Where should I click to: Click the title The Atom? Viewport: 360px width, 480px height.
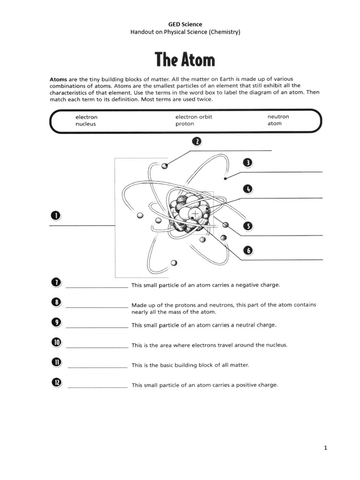[185, 60]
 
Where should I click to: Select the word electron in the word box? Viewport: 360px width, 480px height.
[86, 117]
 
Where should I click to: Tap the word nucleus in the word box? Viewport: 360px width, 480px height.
[85, 124]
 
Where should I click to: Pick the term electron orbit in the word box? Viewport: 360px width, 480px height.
[194, 117]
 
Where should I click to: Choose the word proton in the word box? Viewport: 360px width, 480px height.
[185, 124]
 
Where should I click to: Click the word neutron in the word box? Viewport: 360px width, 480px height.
[278, 117]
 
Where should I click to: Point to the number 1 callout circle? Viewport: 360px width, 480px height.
[55, 216]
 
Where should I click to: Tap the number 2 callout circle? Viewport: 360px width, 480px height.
[196, 142]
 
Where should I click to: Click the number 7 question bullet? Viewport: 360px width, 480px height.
[55, 282]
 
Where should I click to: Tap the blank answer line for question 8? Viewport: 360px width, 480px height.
[97, 307]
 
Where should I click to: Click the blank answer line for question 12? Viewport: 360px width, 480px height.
[97, 387]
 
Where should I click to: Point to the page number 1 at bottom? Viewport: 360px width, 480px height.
[325, 448]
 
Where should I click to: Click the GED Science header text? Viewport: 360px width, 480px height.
[185, 24]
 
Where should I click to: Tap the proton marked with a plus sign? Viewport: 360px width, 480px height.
[195, 214]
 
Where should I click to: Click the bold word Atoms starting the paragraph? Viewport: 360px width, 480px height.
[59, 79]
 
